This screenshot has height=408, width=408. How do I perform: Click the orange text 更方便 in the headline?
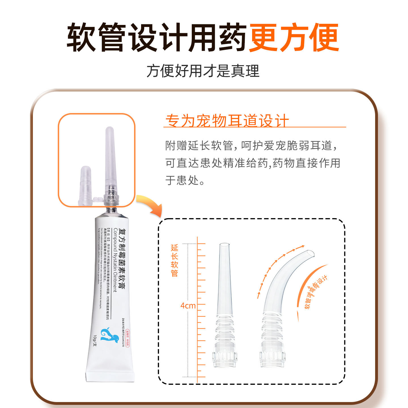pyautogui.click(x=294, y=37)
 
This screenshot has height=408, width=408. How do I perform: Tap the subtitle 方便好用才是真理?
pyautogui.click(x=203, y=71)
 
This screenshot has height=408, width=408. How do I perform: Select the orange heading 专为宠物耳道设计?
pyautogui.click(x=227, y=121)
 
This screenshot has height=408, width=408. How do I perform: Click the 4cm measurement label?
pyautogui.click(x=188, y=306)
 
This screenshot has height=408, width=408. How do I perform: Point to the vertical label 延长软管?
pyautogui.click(x=175, y=260)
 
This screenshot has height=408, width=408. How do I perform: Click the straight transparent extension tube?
pyautogui.click(x=225, y=283)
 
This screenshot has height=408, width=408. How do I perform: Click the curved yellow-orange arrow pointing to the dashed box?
pyautogui.click(x=150, y=205)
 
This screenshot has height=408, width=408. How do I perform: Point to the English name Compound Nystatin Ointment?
pyautogui.click(x=115, y=260)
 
